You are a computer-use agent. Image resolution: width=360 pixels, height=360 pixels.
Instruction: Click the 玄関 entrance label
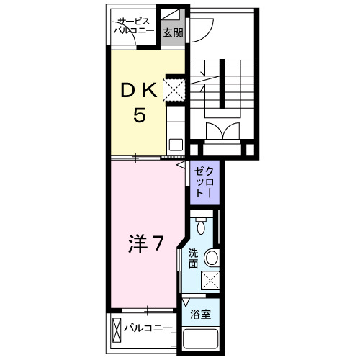[x=171, y=32]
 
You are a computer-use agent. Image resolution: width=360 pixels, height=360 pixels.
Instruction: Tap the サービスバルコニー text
[x=135, y=27]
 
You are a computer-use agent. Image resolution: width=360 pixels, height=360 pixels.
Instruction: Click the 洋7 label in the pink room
[x=145, y=245]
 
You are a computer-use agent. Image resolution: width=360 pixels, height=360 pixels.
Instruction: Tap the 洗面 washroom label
[x=194, y=258]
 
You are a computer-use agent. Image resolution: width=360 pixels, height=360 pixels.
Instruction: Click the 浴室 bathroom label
[x=200, y=315]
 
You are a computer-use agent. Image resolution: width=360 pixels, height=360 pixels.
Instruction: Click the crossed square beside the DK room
[x=173, y=90]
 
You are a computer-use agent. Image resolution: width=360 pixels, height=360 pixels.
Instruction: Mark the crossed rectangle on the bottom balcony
[x=117, y=330]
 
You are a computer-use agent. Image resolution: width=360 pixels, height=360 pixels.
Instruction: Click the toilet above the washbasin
[x=202, y=228]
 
